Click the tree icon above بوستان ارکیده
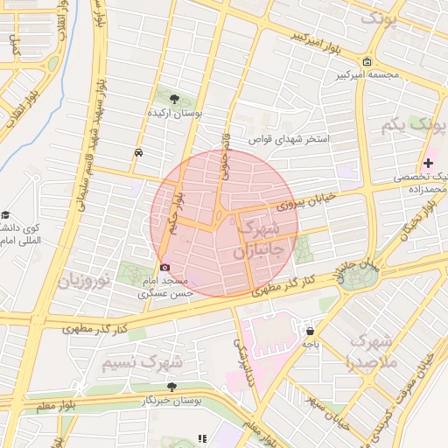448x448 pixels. tap(174, 98)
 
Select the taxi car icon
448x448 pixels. tap(139, 152)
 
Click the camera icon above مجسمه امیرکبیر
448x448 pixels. tap(366, 61)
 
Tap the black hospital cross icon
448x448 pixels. tap(428, 163)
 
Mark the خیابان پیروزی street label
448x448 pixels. tap(306, 202)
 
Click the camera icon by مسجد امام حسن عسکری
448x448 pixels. tap(164, 266)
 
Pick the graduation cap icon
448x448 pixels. tap(5, 215)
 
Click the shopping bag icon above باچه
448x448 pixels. tap(310, 331)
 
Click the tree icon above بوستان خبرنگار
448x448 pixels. tap(170, 386)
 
